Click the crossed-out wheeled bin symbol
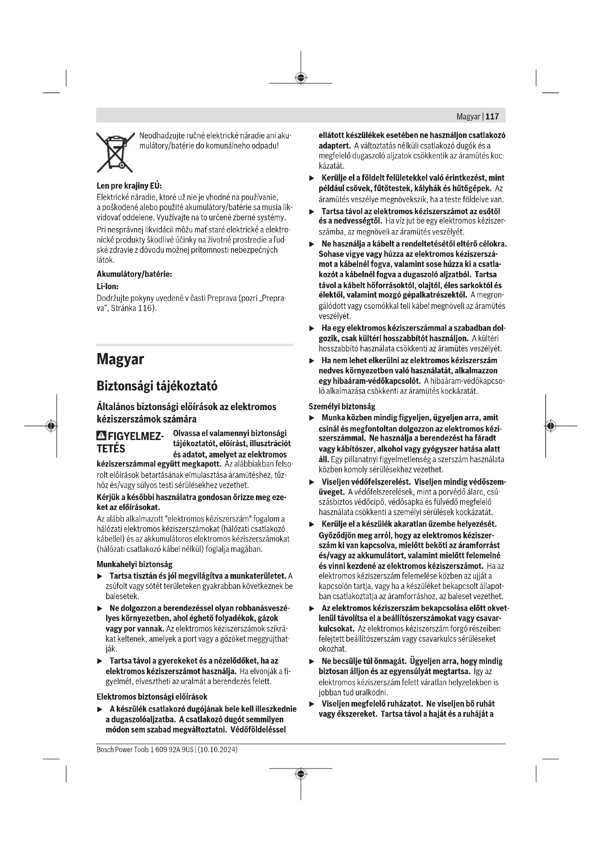tap(115, 152)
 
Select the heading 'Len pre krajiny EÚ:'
tap(129, 185)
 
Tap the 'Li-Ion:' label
tap(107, 286)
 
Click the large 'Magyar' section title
tap(120, 360)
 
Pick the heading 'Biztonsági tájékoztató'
tap(157, 386)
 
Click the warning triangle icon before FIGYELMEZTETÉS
tap(101, 436)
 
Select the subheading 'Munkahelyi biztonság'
tap(135, 564)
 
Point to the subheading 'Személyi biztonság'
tap(342, 407)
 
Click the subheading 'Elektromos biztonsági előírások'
tap(152, 696)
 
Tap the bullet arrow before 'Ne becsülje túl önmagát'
tap(312, 661)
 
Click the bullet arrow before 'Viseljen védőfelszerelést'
tap(312, 482)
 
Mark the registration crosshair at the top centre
tap(301, 78)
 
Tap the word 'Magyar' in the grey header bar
tap(468, 117)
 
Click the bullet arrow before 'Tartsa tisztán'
tap(100, 576)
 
